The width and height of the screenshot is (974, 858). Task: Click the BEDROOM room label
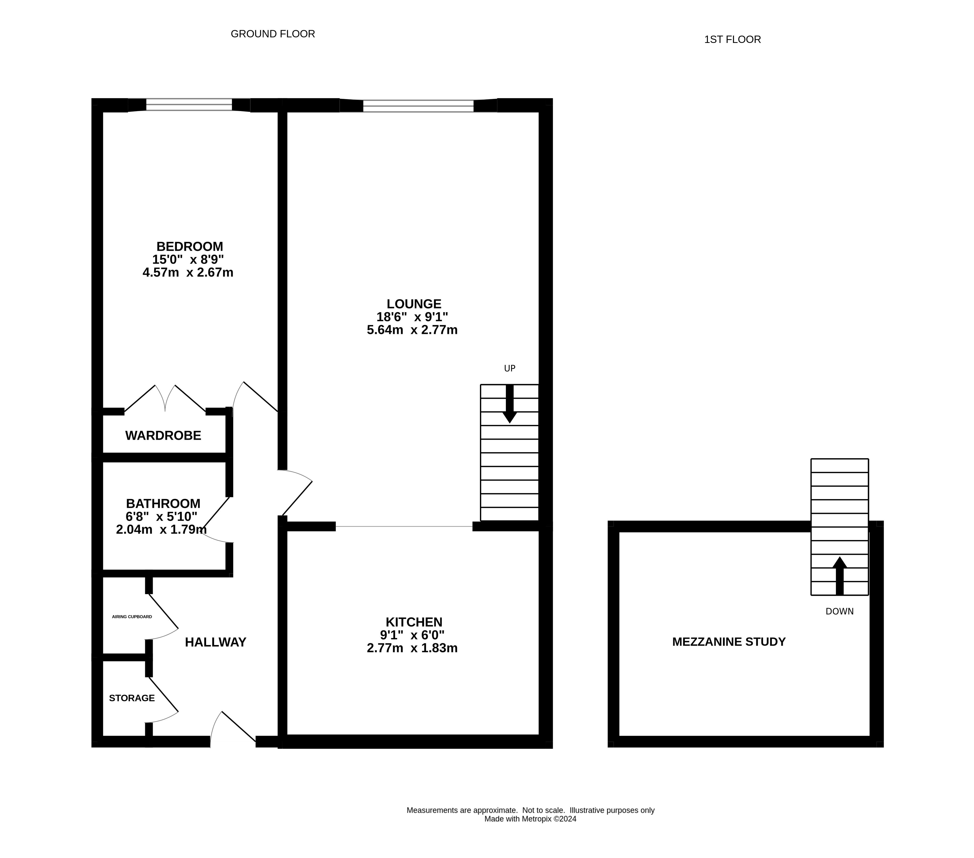click(x=190, y=246)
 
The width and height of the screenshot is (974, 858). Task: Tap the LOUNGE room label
click(x=414, y=304)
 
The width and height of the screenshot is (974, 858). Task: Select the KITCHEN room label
click(x=414, y=622)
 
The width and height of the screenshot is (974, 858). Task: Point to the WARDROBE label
click(x=163, y=435)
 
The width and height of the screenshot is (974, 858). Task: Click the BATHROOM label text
click(x=163, y=503)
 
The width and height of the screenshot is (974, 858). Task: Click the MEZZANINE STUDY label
click(x=729, y=641)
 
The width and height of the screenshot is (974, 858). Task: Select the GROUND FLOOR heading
click(x=272, y=34)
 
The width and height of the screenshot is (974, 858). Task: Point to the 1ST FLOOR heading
click(x=732, y=40)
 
